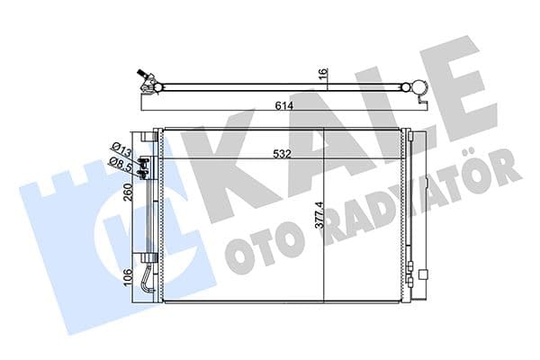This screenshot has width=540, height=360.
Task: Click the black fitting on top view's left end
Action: [x=140, y=75]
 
